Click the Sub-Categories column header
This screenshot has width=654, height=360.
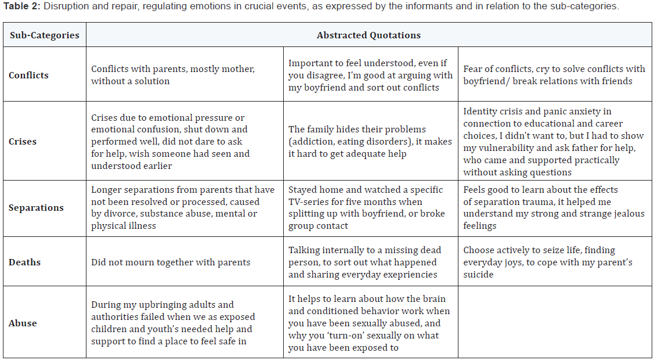coord(44,35)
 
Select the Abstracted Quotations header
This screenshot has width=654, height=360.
coord(368,35)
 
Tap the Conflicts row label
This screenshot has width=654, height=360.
coord(28,75)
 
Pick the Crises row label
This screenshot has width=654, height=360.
coord(23,141)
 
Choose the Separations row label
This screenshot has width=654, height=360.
coord(36,208)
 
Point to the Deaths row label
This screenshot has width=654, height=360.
coord(24,262)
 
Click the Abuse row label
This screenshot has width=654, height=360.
coord(23,323)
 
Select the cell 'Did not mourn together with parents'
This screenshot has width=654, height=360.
coord(171,262)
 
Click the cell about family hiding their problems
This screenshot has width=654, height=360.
coord(370,141)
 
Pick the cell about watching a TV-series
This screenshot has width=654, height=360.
coord(370,208)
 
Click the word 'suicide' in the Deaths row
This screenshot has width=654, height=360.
coord(478,275)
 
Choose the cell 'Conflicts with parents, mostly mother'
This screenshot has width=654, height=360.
coord(173,75)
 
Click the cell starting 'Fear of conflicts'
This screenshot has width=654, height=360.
coord(554,75)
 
